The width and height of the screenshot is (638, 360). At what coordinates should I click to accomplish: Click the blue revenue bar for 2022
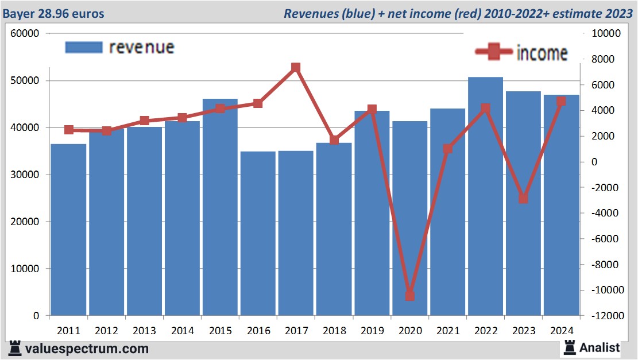(485, 195)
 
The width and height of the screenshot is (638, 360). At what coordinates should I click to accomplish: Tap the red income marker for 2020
(409, 296)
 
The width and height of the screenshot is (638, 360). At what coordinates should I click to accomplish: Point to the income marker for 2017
(296, 68)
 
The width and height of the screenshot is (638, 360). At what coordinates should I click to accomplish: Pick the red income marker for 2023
(523, 198)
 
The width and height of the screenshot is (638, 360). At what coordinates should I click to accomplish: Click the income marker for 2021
(447, 149)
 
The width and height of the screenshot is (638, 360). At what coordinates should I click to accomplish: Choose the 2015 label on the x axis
(221, 331)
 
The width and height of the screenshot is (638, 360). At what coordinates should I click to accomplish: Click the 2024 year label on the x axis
(561, 331)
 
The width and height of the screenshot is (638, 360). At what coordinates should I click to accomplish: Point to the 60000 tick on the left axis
(25, 33)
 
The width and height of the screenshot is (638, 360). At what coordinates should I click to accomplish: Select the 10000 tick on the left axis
(25, 269)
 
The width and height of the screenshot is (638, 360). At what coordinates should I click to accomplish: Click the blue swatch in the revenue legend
(83, 47)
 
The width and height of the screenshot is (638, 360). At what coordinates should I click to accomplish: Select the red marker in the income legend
(494, 52)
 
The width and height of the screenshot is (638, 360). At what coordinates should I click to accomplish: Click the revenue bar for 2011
(68, 230)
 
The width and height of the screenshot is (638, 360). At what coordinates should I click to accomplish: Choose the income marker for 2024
(561, 101)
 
